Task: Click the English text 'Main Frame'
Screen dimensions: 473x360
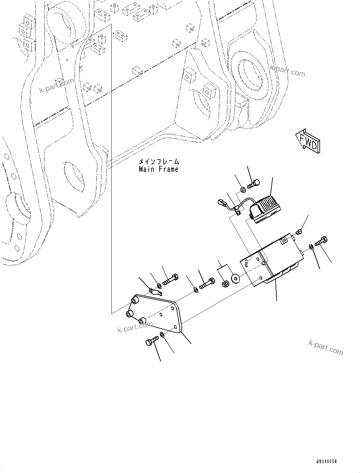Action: (x=159, y=169)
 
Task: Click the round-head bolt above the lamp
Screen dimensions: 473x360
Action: (x=253, y=183)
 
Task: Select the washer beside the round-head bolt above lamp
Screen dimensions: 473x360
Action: (x=242, y=190)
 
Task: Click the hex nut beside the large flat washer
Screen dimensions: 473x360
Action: (x=225, y=283)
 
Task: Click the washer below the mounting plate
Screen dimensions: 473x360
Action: (x=162, y=335)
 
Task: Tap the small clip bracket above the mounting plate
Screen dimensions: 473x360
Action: (x=155, y=290)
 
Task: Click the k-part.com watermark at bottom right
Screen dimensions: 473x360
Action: (x=326, y=347)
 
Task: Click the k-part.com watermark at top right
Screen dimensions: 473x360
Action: (x=287, y=71)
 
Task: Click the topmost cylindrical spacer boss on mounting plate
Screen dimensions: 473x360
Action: (x=135, y=300)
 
